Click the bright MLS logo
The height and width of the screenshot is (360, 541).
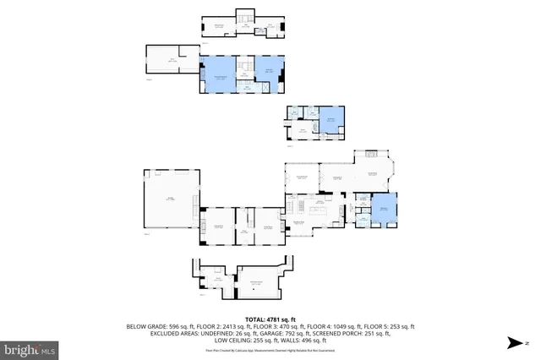[x=30, y=348]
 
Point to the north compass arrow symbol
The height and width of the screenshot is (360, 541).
[x=514, y=342]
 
